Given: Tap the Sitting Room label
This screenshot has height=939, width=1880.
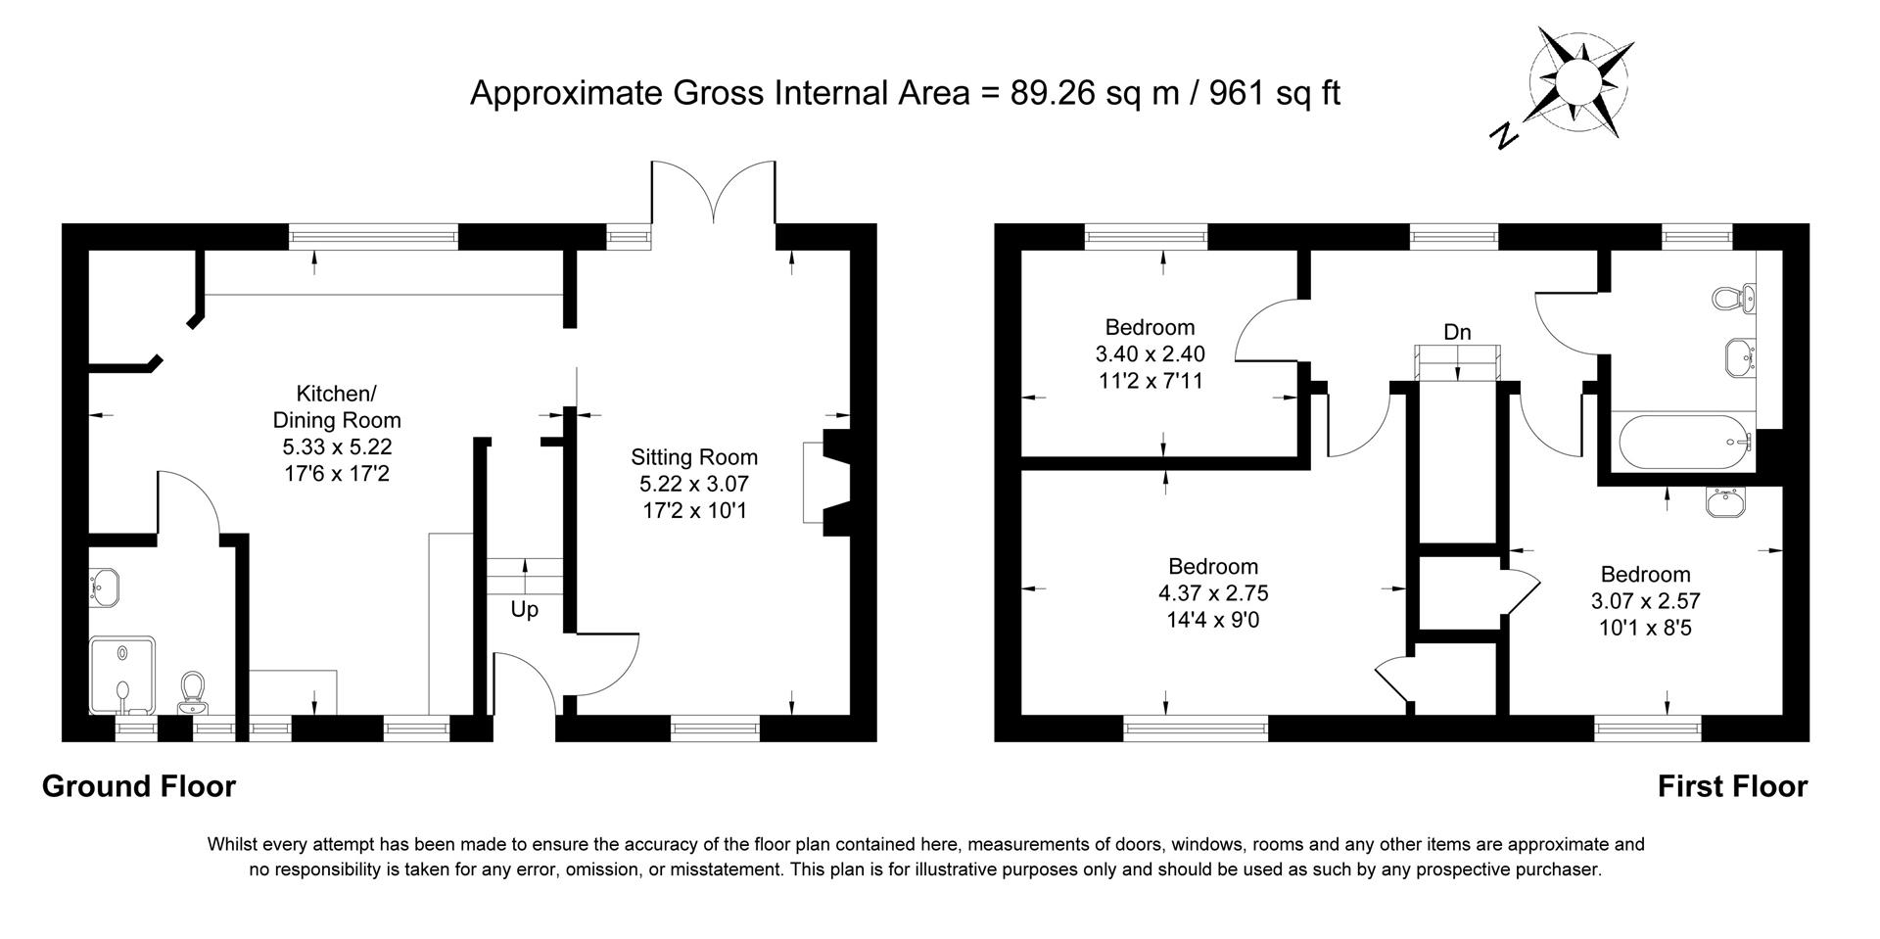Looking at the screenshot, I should pyautogui.click(x=693, y=457).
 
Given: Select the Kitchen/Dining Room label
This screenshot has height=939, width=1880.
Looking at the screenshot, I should pyautogui.click(x=336, y=407).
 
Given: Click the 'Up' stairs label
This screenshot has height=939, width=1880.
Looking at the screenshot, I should pyautogui.click(x=524, y=610).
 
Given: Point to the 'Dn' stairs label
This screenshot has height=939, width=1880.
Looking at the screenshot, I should pyautogui.click(x=1457, y=333).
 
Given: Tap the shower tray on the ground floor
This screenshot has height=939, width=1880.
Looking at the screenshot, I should pyautogui.click(x=121, y=675).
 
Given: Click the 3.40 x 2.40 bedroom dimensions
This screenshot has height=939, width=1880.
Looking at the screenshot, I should pyautogui.click(x=1150, y=354).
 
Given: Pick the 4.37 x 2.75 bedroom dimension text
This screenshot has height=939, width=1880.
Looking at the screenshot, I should pyautogui.click(x=1213, y=593).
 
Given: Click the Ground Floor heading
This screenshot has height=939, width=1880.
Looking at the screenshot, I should pyautogui.click(x=138, y=786).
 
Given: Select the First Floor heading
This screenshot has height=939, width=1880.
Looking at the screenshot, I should pyautogui.click(x=1731, y=786).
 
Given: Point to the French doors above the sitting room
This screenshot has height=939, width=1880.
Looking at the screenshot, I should pyautogui.click(x=714, y=191).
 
